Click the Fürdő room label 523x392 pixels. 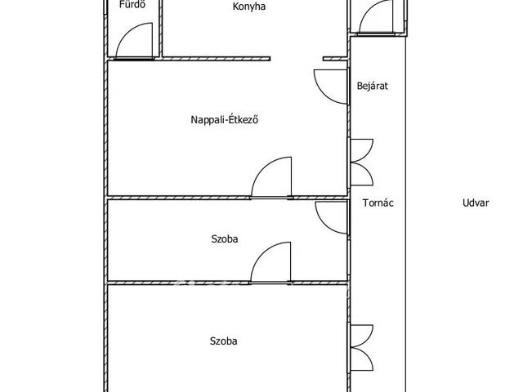(132, 4)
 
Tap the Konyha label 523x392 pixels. (248, 7)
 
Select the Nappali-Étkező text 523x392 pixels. (225, 119)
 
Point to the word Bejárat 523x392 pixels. (373, 86)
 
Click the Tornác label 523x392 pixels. (378, 203)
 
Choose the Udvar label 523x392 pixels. (476, 203)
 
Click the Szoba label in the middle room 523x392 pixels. (225, 239)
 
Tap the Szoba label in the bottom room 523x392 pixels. (223, 341)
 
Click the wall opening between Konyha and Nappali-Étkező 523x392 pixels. (297, 59)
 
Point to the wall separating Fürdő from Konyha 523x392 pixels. (160, 29)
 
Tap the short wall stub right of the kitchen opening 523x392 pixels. (336, 59)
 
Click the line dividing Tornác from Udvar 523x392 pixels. (406, 213)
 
